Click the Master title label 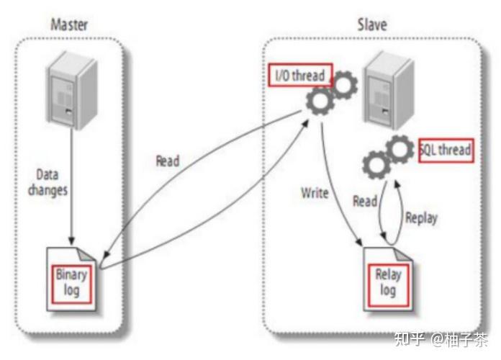(69, 24)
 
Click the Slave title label (372, 24)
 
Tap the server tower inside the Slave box (390, 91)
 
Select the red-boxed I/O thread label (300, 75)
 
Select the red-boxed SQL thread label (446, 150)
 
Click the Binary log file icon (71, 279)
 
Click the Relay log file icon (388, 279)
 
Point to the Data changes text (48, 182)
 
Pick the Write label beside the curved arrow (315, 193)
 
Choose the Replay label (421, 218)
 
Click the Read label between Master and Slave (168, 161)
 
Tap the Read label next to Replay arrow (365, 202)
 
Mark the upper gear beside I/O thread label (343, 85)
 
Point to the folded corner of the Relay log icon (403, 254)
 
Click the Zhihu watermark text (441, 340)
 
